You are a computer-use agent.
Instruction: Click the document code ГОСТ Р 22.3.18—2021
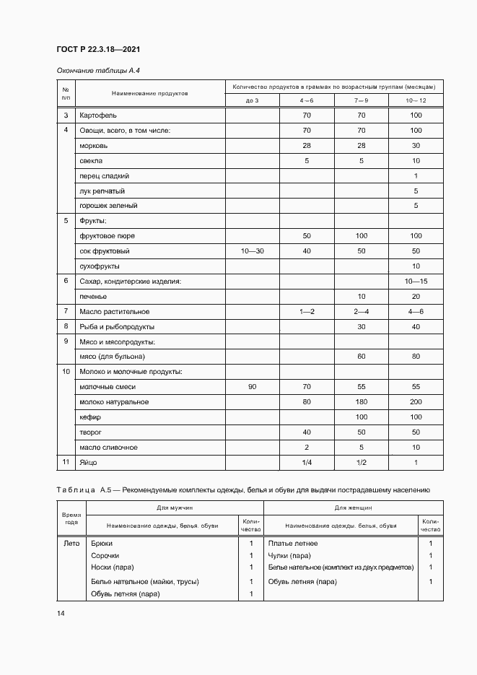[x=98, y=49]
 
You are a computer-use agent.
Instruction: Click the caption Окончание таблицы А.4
[x=94, y=70]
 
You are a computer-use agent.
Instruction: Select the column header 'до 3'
[x=252, y=100]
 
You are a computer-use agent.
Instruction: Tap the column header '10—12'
[x=416, y=100]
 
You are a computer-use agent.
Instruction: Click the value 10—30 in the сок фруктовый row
[x=252, y=251]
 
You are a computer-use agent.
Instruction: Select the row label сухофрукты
[x=100, y=266]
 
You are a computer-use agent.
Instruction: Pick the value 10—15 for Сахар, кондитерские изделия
[x=416, y=281]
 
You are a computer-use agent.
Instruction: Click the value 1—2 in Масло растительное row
[x=307, y=311]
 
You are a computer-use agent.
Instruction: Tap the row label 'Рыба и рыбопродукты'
[x=118, y=326]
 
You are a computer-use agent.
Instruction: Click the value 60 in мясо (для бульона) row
[x=362, y=357]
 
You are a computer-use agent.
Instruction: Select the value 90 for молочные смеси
[x=252, y=387]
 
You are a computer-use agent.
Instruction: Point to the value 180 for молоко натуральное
[x=362, y=401]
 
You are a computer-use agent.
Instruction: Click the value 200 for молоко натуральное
[x=416, y=401]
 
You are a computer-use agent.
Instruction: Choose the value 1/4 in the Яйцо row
[x=307, y=462]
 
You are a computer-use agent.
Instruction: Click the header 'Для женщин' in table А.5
[x=353, y=509]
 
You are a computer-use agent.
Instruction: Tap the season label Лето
[x=71, y=543]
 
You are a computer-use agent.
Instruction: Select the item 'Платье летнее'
[x=293, y=543]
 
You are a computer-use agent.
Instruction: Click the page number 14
[x=61, y=613]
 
